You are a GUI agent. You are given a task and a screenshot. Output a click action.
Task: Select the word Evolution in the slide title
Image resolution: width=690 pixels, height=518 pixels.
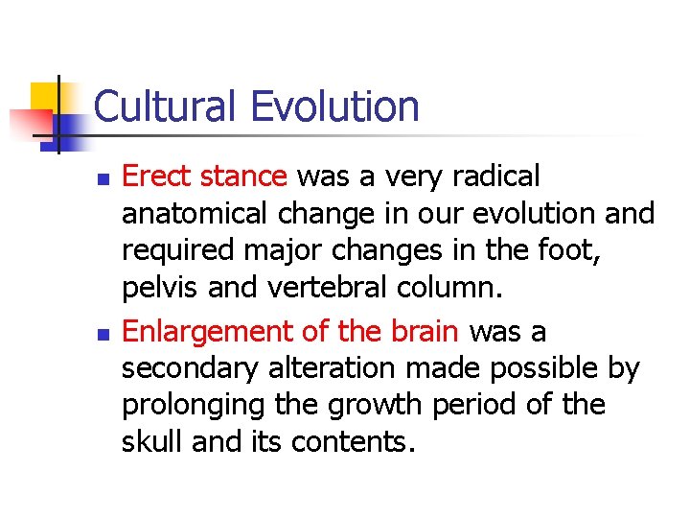pos(334,106)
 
